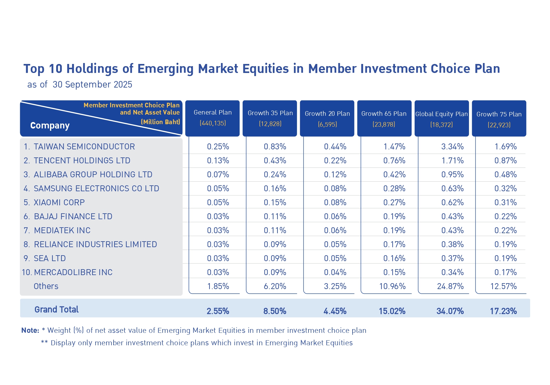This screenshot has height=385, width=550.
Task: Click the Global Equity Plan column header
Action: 441,118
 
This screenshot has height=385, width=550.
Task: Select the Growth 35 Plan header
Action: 270,118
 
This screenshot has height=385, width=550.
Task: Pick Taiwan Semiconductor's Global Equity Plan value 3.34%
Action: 452,147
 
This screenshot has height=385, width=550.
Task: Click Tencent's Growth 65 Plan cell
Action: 394,161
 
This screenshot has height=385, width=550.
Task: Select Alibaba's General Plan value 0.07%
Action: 218,174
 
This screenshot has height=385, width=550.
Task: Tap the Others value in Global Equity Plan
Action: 450,286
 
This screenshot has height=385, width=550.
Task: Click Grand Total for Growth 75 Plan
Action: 503,311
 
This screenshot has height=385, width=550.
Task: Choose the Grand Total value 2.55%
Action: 218,311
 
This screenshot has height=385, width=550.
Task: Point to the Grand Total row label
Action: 56,310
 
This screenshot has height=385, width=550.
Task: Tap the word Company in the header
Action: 50,125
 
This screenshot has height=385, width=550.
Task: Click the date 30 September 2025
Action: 92,84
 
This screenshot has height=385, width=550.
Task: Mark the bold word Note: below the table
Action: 30,330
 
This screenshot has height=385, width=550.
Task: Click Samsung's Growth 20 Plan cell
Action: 335,188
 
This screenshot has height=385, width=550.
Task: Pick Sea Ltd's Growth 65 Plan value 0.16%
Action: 394,258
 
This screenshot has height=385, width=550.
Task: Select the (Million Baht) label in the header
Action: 160,122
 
